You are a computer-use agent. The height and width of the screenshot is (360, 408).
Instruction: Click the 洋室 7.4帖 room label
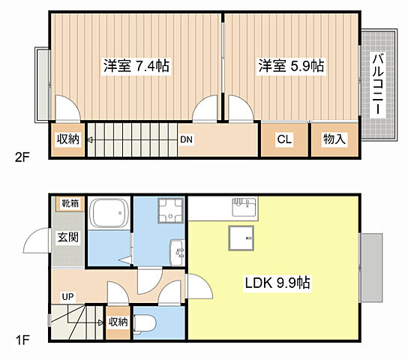(x=136, y=66)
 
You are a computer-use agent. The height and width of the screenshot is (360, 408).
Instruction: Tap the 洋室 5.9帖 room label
(x=292, y=66)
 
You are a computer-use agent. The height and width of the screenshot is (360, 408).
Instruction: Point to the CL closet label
(x=284, y=139)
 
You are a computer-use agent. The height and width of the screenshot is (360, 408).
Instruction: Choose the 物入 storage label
(x=334, y=139)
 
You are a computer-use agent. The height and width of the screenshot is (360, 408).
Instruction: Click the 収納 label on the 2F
(x=67, y=139)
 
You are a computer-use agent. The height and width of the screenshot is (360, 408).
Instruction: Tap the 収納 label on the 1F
(x=118, y=322)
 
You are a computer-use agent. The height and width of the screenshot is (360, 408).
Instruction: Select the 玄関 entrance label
(x=67, y=238)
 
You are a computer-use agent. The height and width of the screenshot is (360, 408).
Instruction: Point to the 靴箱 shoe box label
(x=67, y=202)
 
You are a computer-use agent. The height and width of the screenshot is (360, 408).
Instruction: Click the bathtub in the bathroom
(x=109, y=215)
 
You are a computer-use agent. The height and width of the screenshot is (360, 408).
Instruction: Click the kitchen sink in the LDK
(x=244, y=205)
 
